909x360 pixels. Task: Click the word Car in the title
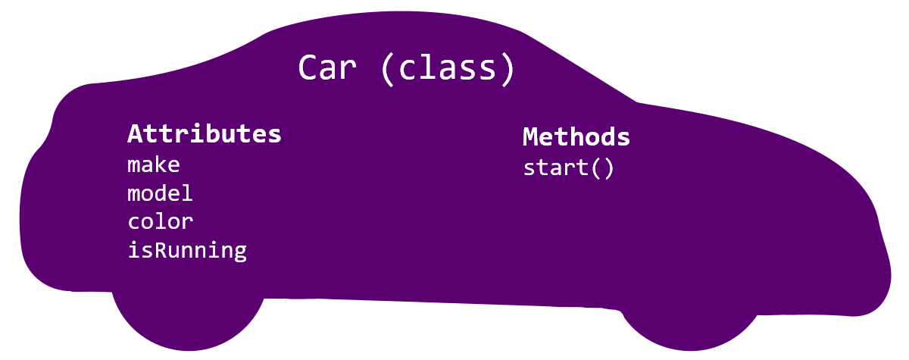[x=326, y=67]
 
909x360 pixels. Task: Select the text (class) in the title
[x=448, y=68]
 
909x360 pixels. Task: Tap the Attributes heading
[x=205, y=134]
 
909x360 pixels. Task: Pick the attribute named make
[x=154, y=164]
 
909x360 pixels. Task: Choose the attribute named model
[x=160, y=193]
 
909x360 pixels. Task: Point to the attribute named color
[x=160, y=221]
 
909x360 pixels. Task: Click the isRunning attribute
[x=187, y=250]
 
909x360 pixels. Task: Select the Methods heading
[x=576, y=137]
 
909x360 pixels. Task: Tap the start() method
[x=568, y=167]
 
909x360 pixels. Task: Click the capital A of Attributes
[x=136, y=134]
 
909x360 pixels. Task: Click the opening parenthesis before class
[x=388, y=68]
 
